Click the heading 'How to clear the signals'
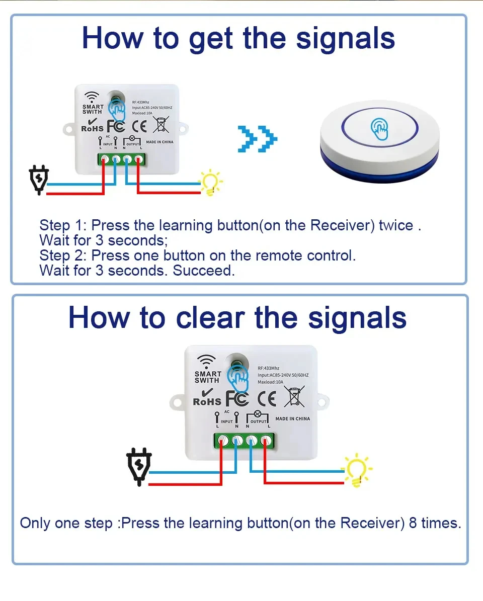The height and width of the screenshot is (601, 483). pyautogui.click(x=237, y=318)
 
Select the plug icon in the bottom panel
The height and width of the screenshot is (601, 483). pyautogui.click(x=138, y=466)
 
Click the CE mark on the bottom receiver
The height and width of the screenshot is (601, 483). pyautogui.click(x=267, y=398)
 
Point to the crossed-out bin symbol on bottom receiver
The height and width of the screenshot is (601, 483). pyautogui.click(x=294, y=396)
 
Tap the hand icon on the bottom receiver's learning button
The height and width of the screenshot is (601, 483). pyautogui.click(x=238, y=377)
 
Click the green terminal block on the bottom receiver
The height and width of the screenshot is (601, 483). pyautogui.click(x=245, y=441)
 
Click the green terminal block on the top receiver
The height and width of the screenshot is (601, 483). pyautogui.click(x=121, y=159)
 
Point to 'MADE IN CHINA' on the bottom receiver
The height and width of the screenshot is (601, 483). pyautogui.click(x=292, y=419)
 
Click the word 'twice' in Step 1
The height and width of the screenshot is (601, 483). pyautogui.click(x=396, y=225)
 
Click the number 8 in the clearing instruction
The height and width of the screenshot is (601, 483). pyautogui.click(x=413, y=523)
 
